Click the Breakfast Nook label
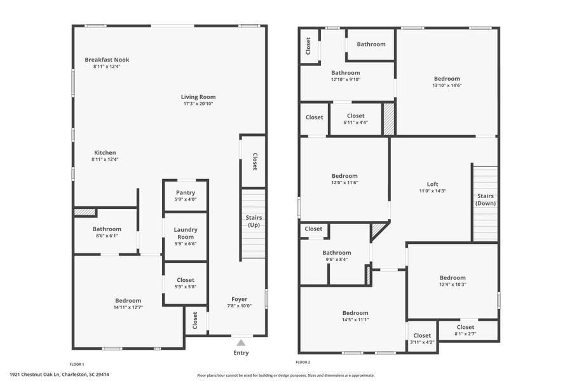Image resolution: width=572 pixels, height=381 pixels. tap(107, 60)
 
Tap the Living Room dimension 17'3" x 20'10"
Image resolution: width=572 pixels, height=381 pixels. tap(198, 104)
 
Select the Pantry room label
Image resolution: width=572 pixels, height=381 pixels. tap(186, 192)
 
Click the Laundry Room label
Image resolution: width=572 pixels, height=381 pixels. tap(186, 233)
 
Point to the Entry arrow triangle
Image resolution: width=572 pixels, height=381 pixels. tap(241, 343)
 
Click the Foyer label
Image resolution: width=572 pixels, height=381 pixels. tap(239, 299)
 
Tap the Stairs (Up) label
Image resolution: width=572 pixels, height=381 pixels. tap(254, 221)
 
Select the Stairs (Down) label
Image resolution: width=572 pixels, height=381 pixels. tap(486, 199)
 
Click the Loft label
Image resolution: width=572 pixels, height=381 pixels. tap(433, 184)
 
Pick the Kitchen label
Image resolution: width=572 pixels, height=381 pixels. tap(105, 152)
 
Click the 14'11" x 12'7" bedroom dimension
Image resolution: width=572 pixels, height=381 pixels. tap(128, 307)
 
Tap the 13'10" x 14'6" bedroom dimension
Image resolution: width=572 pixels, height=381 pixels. tap(447, 85)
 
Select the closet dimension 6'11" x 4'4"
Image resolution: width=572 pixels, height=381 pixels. tap(355, 123)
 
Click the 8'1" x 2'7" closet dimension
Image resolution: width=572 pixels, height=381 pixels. tap(465, 333)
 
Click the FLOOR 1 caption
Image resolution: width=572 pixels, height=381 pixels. tap(76, 364)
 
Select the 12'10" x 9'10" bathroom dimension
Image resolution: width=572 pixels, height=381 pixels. tap(345, 79)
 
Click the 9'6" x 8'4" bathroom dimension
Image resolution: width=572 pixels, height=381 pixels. tap(336, 259)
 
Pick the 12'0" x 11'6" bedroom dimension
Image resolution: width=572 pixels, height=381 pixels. tap(344, 182)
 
